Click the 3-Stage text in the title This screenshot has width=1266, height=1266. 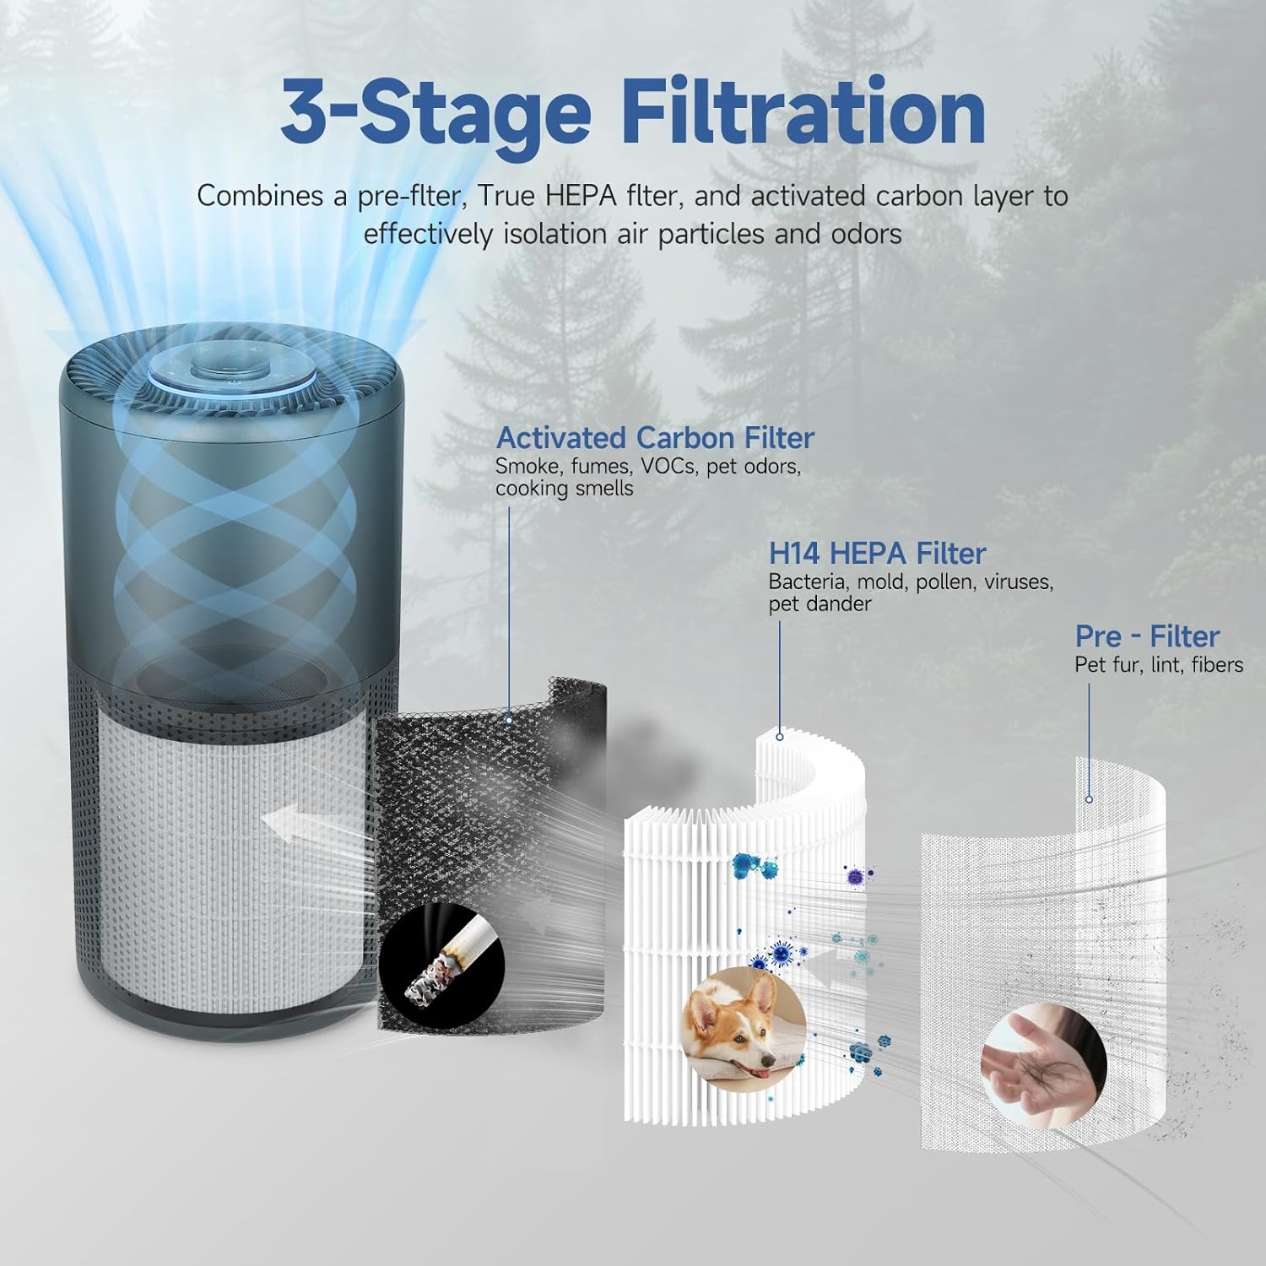435,111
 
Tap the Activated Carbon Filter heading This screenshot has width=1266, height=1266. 654,438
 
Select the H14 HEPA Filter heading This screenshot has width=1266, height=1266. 876,554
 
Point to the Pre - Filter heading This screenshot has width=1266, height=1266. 1147,636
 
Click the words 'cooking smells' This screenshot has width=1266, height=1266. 564,489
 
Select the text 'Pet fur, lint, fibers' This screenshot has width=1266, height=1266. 1158,665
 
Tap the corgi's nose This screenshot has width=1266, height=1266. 767,1058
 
